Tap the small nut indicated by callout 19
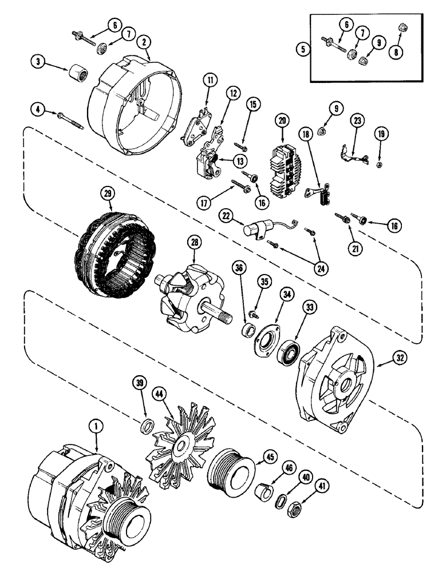click(379, 166)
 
